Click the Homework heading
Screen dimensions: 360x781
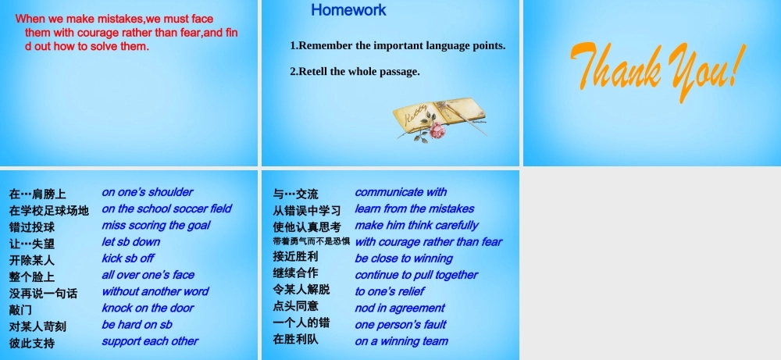pyautogui.click(x=348, y=10)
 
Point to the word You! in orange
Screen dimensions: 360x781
pyautogui.click(x=706, y=66)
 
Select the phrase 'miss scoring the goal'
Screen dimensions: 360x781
pyautogui.click(x=156, y=225)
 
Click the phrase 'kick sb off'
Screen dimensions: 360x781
pyautogui.click(x=128, y=258)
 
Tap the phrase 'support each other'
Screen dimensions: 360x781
pyautogui.click(x=150, y=340)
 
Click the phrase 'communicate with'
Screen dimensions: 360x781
pyautogui.click(x=401, y=191)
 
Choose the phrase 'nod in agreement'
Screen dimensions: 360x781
pyautogui.click(x=400, y=308)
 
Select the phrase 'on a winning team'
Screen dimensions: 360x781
pyautogui.click(x=401, y=340)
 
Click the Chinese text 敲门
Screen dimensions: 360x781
pyautogui.click(x=21, y=310)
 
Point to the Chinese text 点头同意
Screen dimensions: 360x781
pyautogui.click(x=295, y=306)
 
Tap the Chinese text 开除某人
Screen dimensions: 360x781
pyautogui.click(x=32, y=260)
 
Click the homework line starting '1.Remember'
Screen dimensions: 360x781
pyautogui.click(x=398, y=45)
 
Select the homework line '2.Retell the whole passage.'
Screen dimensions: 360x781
pyautogui.click(x=355, y=71)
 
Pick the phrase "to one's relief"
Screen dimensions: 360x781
pyautogui.click(x=390, y=291)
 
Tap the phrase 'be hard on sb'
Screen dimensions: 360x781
pyautogui.click(x=137, y=324)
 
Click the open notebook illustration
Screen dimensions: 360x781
pyautogui.click(x=441, y=113)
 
